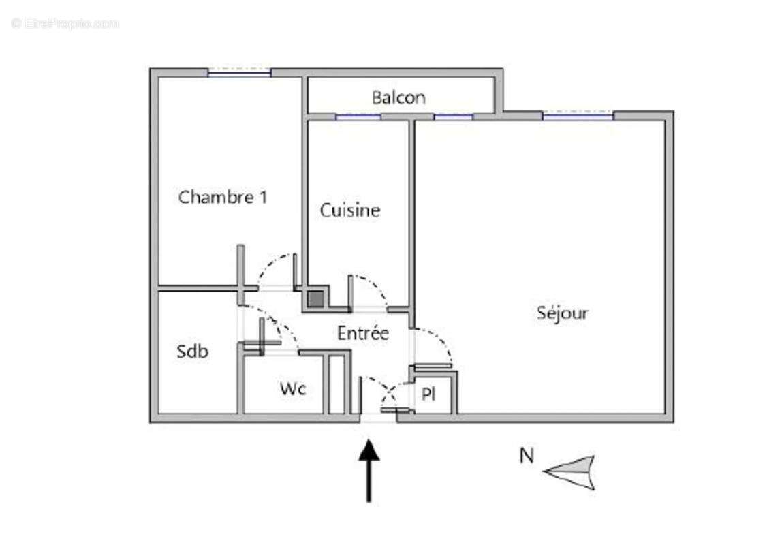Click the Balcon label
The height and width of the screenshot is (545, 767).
tap(398, 97)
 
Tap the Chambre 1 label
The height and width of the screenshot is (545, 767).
tap(223, 197)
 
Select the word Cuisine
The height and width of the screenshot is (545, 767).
tap(349, 211)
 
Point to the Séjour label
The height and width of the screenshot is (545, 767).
tap(563, 313)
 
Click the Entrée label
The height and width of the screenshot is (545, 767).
tap(363, 332)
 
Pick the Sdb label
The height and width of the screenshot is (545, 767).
tap(192, 351)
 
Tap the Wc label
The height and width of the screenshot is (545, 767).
tap(293, 389)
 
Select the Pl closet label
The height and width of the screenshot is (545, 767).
tap(428, 394)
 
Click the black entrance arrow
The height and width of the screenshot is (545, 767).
tap(369, 471)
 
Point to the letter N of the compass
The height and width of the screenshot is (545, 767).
tap(527, 456)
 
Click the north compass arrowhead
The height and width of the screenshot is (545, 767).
tap(570, 472)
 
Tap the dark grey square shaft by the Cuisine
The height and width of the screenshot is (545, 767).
tap(315, 299)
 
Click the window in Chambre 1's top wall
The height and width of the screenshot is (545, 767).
tap(239, 73)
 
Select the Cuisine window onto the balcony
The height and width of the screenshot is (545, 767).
tap(358, 117)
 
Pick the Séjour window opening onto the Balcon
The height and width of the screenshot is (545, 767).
tap(454, 117)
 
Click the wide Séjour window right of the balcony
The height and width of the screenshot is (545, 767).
tap(578, 116)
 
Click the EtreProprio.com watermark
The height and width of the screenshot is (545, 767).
tap(65, 23)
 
